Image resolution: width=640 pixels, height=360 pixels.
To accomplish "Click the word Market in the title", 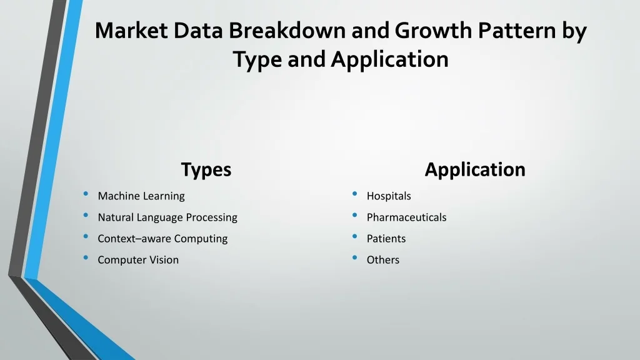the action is [x=131, y=31].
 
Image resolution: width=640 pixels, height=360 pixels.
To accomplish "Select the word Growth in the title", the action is [x=433, y=31].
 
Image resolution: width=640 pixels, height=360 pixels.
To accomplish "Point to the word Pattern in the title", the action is [x=517, y=31].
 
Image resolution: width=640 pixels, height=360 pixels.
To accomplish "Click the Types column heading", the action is [x=206, y=170].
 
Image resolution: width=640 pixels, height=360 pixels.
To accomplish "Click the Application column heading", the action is [x=475, y=170].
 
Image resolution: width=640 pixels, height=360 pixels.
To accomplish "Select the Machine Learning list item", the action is [x=141, y=196].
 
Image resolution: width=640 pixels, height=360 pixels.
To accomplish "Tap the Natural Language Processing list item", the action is [x=167, y=217].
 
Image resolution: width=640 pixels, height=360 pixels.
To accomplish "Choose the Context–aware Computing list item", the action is [x=162, y=238].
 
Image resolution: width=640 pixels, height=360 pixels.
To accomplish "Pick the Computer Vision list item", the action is [x=138, y=259].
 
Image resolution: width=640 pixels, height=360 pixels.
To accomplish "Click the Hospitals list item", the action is [x=389, y=196].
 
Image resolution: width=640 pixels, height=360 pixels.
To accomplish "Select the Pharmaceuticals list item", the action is [x=406, y=217].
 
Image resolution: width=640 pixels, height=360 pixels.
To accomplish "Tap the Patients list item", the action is [x=386, y=238].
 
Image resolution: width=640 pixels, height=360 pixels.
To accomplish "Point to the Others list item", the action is [x=383, y=259].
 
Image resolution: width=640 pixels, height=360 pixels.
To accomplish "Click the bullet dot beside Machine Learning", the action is [x=86, y=194].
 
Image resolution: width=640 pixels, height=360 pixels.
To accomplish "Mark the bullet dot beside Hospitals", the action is [x=355, y=194].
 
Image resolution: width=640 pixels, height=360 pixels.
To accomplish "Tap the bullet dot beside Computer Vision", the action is [x=86, y=257].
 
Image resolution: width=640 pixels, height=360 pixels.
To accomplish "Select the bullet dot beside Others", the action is [x=355, y=257].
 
